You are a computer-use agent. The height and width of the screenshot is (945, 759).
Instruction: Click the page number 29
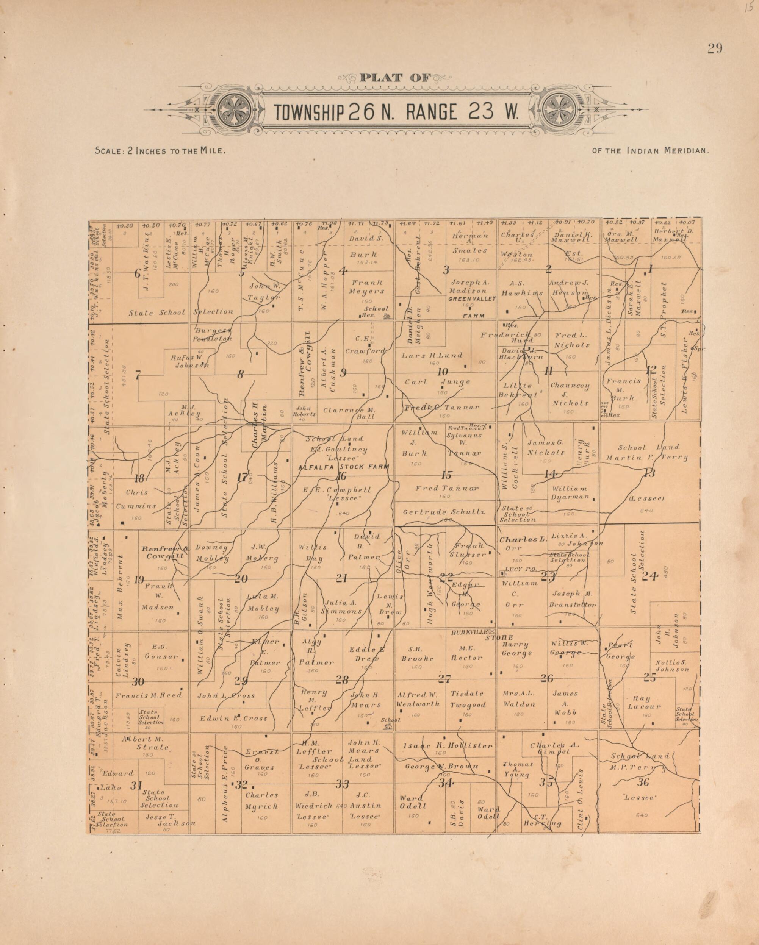(714, 48)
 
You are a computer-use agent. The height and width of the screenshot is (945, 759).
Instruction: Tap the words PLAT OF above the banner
(396, 78)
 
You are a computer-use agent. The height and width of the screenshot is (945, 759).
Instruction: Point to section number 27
(444, 679)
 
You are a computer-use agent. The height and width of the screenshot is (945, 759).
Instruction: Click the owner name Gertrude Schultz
(444, 512)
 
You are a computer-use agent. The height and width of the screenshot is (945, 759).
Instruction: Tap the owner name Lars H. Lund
(432, 356)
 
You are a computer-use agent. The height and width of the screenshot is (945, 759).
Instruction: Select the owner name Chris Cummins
(136, 499)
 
